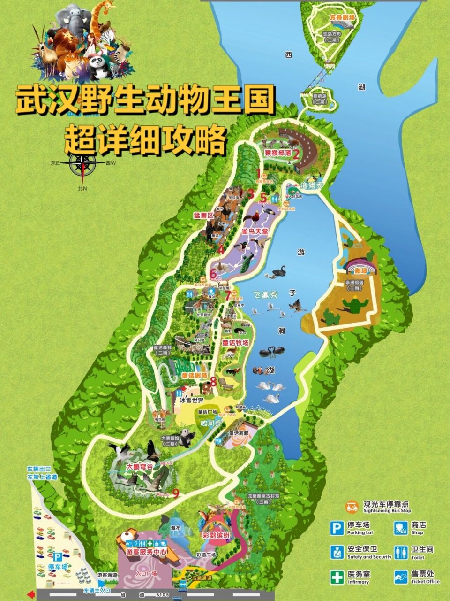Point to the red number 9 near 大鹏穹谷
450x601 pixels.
(x=176, y=493)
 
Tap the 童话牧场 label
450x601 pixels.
(x=235, y=343)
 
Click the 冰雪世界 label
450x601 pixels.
(x=192, y=401)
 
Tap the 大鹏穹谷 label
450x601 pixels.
(x=140, y=467)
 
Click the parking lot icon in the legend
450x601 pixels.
(x=336, y=528)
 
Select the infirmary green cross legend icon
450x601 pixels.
(x=336, y=577)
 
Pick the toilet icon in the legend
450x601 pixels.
(x=401, y=552)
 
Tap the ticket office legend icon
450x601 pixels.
(x=401, y=577)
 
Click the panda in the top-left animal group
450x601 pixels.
(x=97, y=66)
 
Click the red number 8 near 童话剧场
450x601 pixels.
(x=214, y=382)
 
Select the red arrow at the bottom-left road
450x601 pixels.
(x=31, y=594)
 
